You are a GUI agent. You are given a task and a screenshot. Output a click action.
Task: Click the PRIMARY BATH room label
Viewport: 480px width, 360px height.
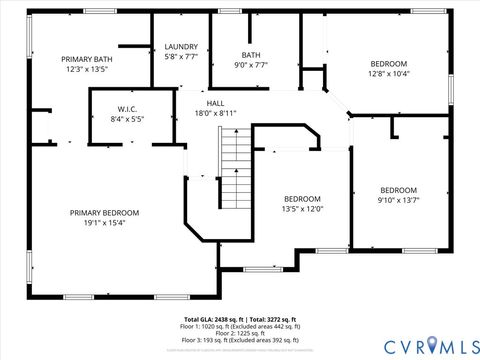tap(87, 59)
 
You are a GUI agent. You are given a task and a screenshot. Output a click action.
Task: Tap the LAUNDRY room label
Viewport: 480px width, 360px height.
tap(181, 46)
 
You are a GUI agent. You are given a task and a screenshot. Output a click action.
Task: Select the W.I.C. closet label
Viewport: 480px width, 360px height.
tap(126, 108)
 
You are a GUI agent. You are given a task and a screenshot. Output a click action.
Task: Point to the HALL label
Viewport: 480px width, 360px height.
tap(215, 103)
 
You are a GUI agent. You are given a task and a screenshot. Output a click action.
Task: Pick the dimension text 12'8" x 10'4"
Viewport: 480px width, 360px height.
tap(388, 73)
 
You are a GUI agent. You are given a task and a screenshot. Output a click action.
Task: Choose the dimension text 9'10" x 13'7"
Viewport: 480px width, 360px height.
tap(398, 200)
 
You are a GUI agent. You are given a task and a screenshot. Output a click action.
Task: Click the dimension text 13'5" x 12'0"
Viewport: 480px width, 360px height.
tap(302, 208)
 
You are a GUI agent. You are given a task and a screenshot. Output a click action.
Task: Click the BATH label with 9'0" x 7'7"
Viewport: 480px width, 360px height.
tap(251, 55)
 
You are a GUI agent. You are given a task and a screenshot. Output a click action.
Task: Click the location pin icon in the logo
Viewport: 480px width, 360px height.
tap(433, 345)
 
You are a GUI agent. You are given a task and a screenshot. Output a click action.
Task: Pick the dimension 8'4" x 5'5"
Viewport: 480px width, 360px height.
tap(126, 118)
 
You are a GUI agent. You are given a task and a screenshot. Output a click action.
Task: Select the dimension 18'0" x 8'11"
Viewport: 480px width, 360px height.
tap(215, 113)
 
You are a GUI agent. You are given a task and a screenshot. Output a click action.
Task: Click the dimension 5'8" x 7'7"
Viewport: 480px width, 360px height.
tap(181, 57)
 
